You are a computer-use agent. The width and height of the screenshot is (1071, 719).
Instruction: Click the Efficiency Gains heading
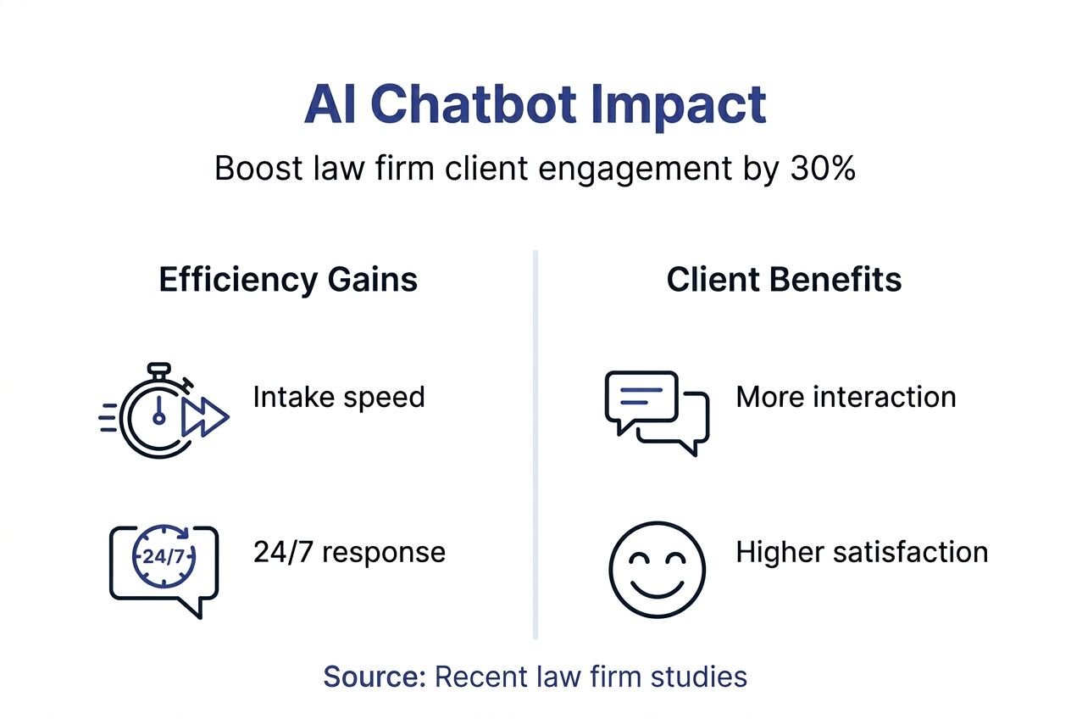pyautogui.click(x=288, y=281)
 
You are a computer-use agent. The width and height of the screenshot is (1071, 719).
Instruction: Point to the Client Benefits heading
pyautogui.click(x=784, y=281)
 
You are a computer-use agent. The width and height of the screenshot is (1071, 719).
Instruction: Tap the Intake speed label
pyautogui.click(x=339, y=397)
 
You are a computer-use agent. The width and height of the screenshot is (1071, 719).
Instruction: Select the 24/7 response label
pyautogui.click(x=349, y=552)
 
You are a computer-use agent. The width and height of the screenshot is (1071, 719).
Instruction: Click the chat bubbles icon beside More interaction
pyautogui.click(x=657, y=411)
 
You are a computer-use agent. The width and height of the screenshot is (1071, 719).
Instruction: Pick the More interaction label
pyautogui.click(x=846, y=397)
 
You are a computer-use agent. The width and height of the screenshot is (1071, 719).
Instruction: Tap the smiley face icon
pyautogui.click(x=657, y=569)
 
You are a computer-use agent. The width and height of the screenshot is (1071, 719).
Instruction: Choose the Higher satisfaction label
pyautogui.click(x=862, y=552)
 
